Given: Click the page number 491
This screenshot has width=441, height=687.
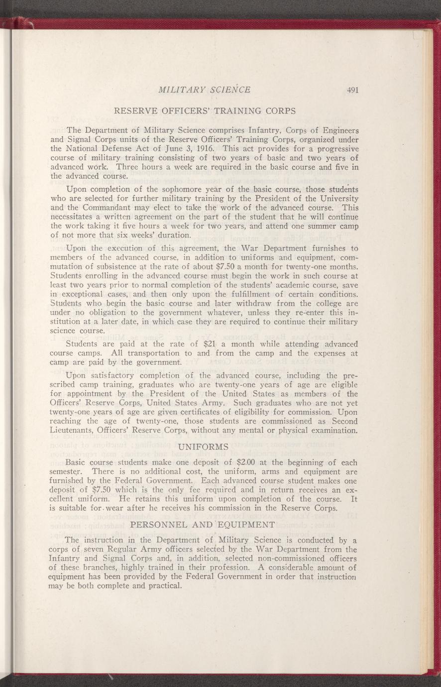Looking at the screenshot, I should (353, 90).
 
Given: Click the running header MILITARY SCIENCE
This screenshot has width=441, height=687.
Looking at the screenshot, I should (204, 90).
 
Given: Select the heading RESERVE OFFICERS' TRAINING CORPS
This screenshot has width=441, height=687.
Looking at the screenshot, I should (205, 111).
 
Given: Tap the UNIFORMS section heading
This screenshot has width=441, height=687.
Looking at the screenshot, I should (203, 446).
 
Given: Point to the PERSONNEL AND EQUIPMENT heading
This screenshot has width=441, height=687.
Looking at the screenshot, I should (202, 524).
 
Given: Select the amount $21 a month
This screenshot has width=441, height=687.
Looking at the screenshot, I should (213, 343).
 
